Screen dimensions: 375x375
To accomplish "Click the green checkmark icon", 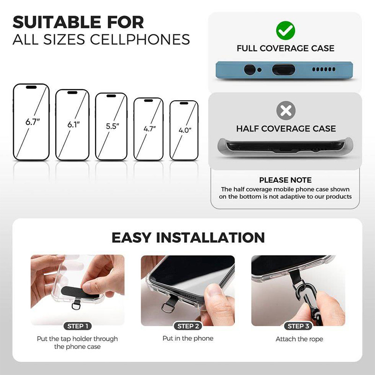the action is (285, 30).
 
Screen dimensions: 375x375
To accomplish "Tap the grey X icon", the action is (286, 111).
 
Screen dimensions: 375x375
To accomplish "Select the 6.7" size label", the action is (32, 122).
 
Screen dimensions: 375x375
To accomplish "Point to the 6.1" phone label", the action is (74, 124).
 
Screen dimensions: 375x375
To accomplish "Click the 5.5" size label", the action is (112, 126).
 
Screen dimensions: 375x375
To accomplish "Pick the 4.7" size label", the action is (150, 128).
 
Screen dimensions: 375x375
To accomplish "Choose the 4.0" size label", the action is (185, 130).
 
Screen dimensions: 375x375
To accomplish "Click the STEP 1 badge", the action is (78, 326).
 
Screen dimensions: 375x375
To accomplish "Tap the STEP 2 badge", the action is (188, 326).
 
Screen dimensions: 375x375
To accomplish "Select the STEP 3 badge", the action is (298, 326).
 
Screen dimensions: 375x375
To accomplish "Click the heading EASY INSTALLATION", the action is (188, 238).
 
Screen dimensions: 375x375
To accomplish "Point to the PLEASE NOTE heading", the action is (285, 180).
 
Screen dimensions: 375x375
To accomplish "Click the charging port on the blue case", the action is (284, 69).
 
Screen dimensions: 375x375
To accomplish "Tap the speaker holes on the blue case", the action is (323, 69).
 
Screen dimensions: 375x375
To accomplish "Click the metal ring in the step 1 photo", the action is (75, 306).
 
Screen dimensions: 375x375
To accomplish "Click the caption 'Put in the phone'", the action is (188, 338).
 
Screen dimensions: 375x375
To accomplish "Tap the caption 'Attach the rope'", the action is (299, 339).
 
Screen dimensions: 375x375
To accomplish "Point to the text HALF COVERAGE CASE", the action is (286, 128).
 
